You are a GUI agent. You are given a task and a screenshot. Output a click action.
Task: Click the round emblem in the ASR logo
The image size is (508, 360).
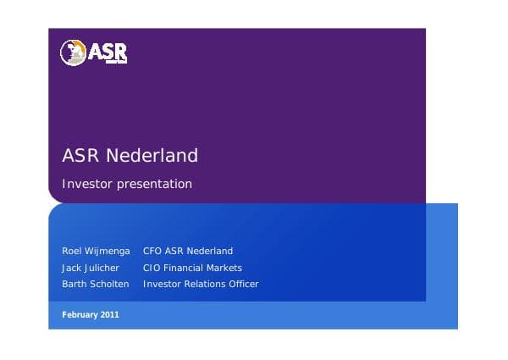coord(73,53)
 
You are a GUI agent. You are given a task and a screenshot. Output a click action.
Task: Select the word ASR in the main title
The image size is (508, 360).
coord(80,156)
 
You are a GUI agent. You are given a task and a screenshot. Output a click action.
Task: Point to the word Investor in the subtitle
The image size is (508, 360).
coord(87,184)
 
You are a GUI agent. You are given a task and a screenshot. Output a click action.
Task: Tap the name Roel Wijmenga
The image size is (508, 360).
coord(96,251)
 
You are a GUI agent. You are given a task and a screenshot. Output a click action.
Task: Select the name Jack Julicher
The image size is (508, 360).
coord(91,268)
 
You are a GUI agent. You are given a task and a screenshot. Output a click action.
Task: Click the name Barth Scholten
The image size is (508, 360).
coord(96,284)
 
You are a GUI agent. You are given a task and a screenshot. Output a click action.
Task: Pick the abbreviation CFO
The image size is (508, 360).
coord(152,251)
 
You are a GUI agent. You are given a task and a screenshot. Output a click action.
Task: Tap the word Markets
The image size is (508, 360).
coord(226,268)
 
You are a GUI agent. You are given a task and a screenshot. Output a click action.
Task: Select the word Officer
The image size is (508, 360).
coord(242,284)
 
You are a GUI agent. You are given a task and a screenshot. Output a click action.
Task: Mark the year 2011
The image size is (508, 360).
coord(110,315)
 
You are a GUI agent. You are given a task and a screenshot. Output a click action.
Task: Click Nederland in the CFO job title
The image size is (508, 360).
coord(210,251)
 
